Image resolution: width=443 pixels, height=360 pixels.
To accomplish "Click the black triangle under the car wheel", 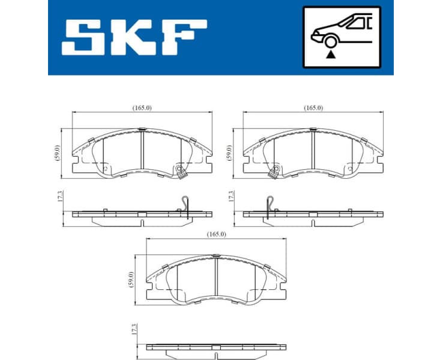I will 330,53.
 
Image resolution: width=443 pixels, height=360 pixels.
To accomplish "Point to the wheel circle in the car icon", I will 330,41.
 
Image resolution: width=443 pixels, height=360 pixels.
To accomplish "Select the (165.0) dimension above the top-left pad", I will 142,107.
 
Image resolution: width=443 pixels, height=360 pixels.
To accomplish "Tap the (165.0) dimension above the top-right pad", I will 313,107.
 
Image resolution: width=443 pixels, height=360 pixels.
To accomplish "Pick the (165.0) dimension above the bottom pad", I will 216,234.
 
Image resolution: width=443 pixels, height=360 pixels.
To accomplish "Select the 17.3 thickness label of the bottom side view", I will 134,329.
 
